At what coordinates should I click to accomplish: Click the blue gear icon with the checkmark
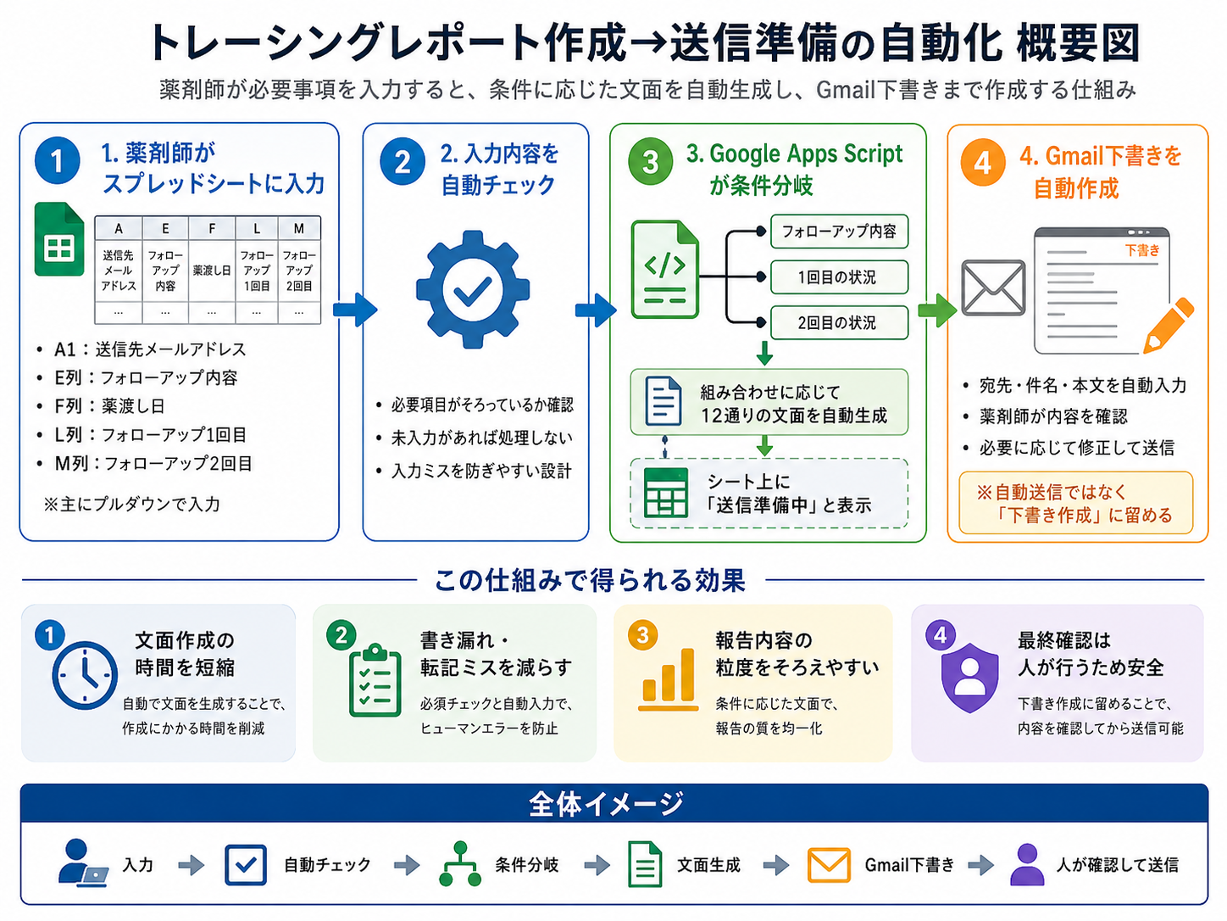[473, 290]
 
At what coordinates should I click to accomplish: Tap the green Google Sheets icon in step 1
[59, 239]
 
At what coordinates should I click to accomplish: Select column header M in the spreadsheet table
[299, 228]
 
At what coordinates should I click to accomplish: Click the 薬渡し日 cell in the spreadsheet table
[212, 271]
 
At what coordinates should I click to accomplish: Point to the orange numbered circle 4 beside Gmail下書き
[982, 163]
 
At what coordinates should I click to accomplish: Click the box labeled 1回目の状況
[839, 276]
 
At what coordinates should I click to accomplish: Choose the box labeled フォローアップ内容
[839, 231]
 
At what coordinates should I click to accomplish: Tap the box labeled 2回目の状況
[839, 322]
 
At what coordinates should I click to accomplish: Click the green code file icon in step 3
[664, 269]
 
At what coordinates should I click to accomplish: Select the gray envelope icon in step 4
[993, 287]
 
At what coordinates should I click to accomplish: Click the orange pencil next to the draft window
[1169, 325]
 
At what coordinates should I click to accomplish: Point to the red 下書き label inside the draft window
[1142, 250]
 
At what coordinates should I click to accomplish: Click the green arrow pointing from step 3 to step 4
[937, 310]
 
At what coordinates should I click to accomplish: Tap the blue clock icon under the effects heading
[85, 675]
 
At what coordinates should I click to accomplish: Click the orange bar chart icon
[668, 679]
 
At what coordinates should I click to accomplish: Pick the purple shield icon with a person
[970, 678]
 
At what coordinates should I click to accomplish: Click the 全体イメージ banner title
[606, 804]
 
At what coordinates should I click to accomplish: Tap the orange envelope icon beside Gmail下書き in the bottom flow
[829, 865]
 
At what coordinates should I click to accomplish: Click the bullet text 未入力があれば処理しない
[482, 438]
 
